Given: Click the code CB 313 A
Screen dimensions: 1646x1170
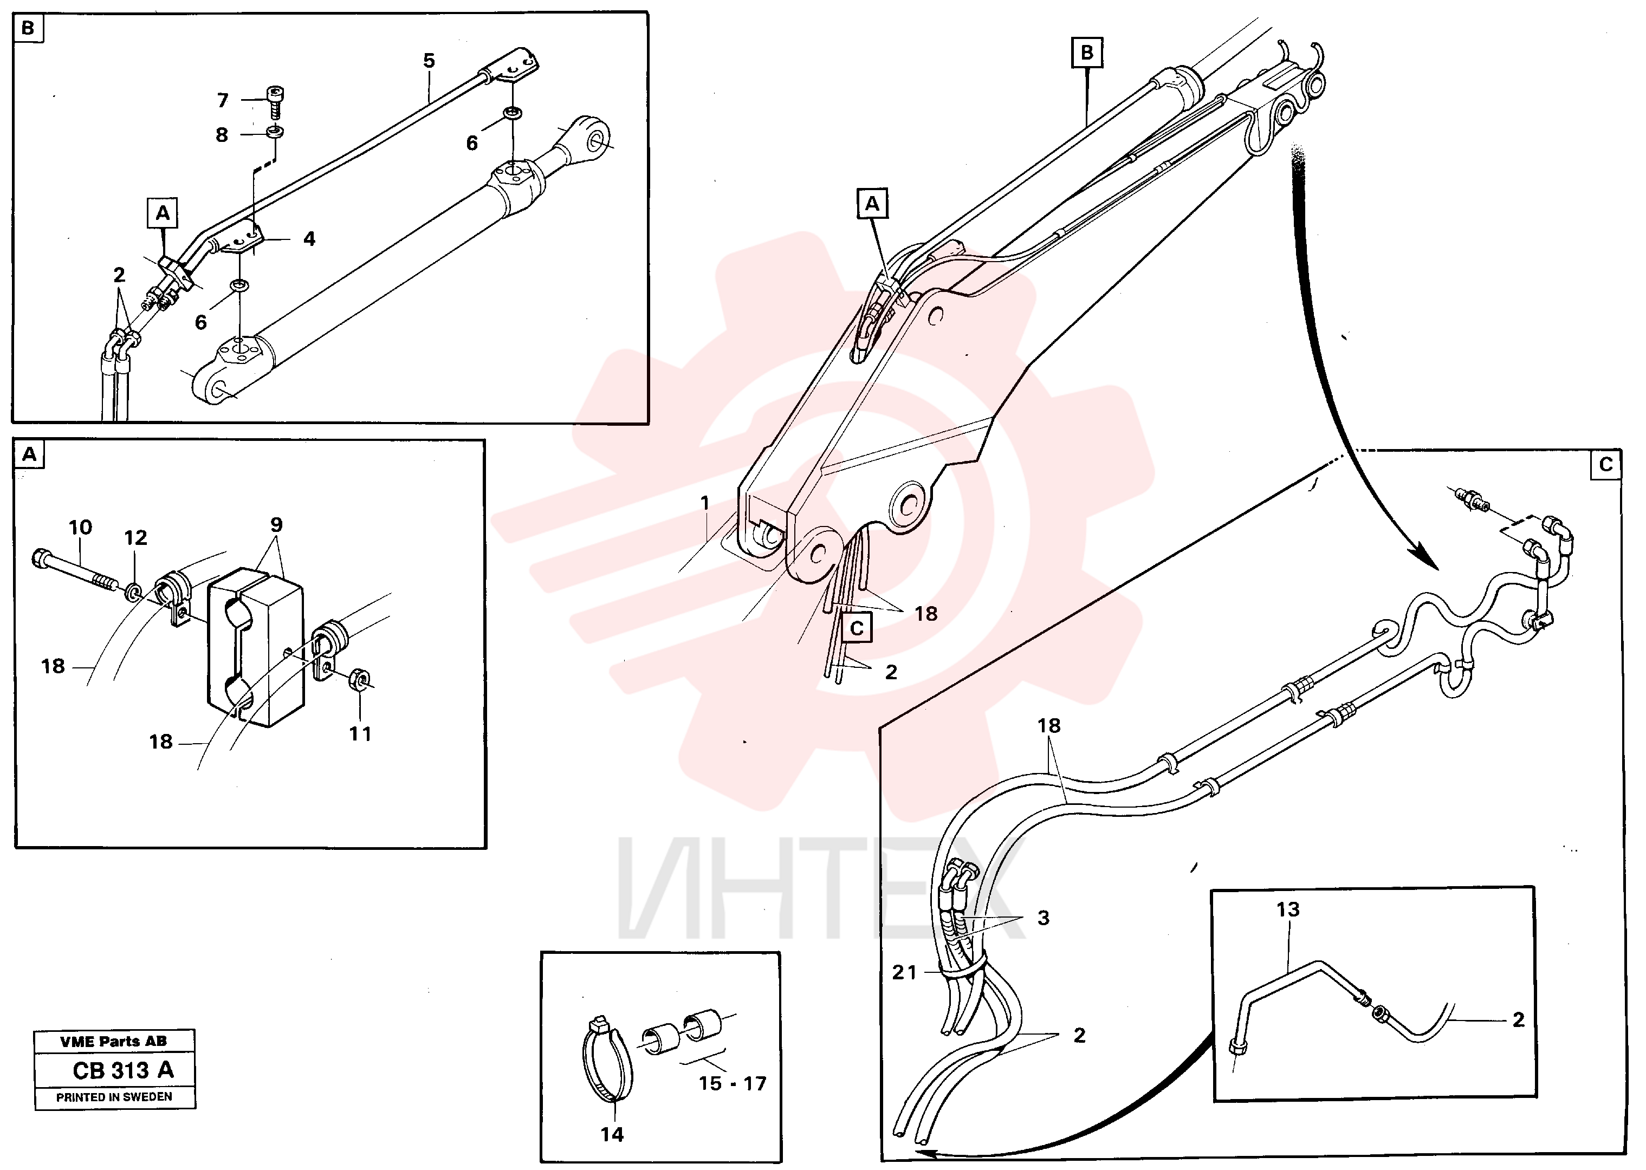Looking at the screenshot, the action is (123, 1070).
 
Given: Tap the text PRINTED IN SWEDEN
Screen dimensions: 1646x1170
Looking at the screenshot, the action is (114, 1097).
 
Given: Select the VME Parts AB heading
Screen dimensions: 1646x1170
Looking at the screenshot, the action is (114, 1041).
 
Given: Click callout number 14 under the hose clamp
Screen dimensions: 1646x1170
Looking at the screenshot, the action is (612, 1135).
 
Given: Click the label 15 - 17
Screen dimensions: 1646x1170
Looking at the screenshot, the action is (732, 1083).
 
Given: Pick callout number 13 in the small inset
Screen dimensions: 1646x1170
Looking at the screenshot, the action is (1288, 910).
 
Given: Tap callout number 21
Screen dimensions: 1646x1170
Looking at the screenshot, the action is (904, 973).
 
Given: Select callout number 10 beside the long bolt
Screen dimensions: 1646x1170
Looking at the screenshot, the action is (80, 528).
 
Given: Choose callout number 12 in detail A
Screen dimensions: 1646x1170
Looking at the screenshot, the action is (135, 537).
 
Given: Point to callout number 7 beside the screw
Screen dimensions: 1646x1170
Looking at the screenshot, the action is (223, 100).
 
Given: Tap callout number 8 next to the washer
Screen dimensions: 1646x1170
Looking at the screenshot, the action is (222, 135).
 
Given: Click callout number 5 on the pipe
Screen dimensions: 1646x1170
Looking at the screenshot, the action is (429, 61).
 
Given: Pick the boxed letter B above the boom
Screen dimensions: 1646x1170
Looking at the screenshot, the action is (1087, 53).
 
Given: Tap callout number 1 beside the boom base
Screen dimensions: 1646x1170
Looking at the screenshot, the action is (705, 503).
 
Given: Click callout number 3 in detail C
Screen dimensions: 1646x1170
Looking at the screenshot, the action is (1044, 918).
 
